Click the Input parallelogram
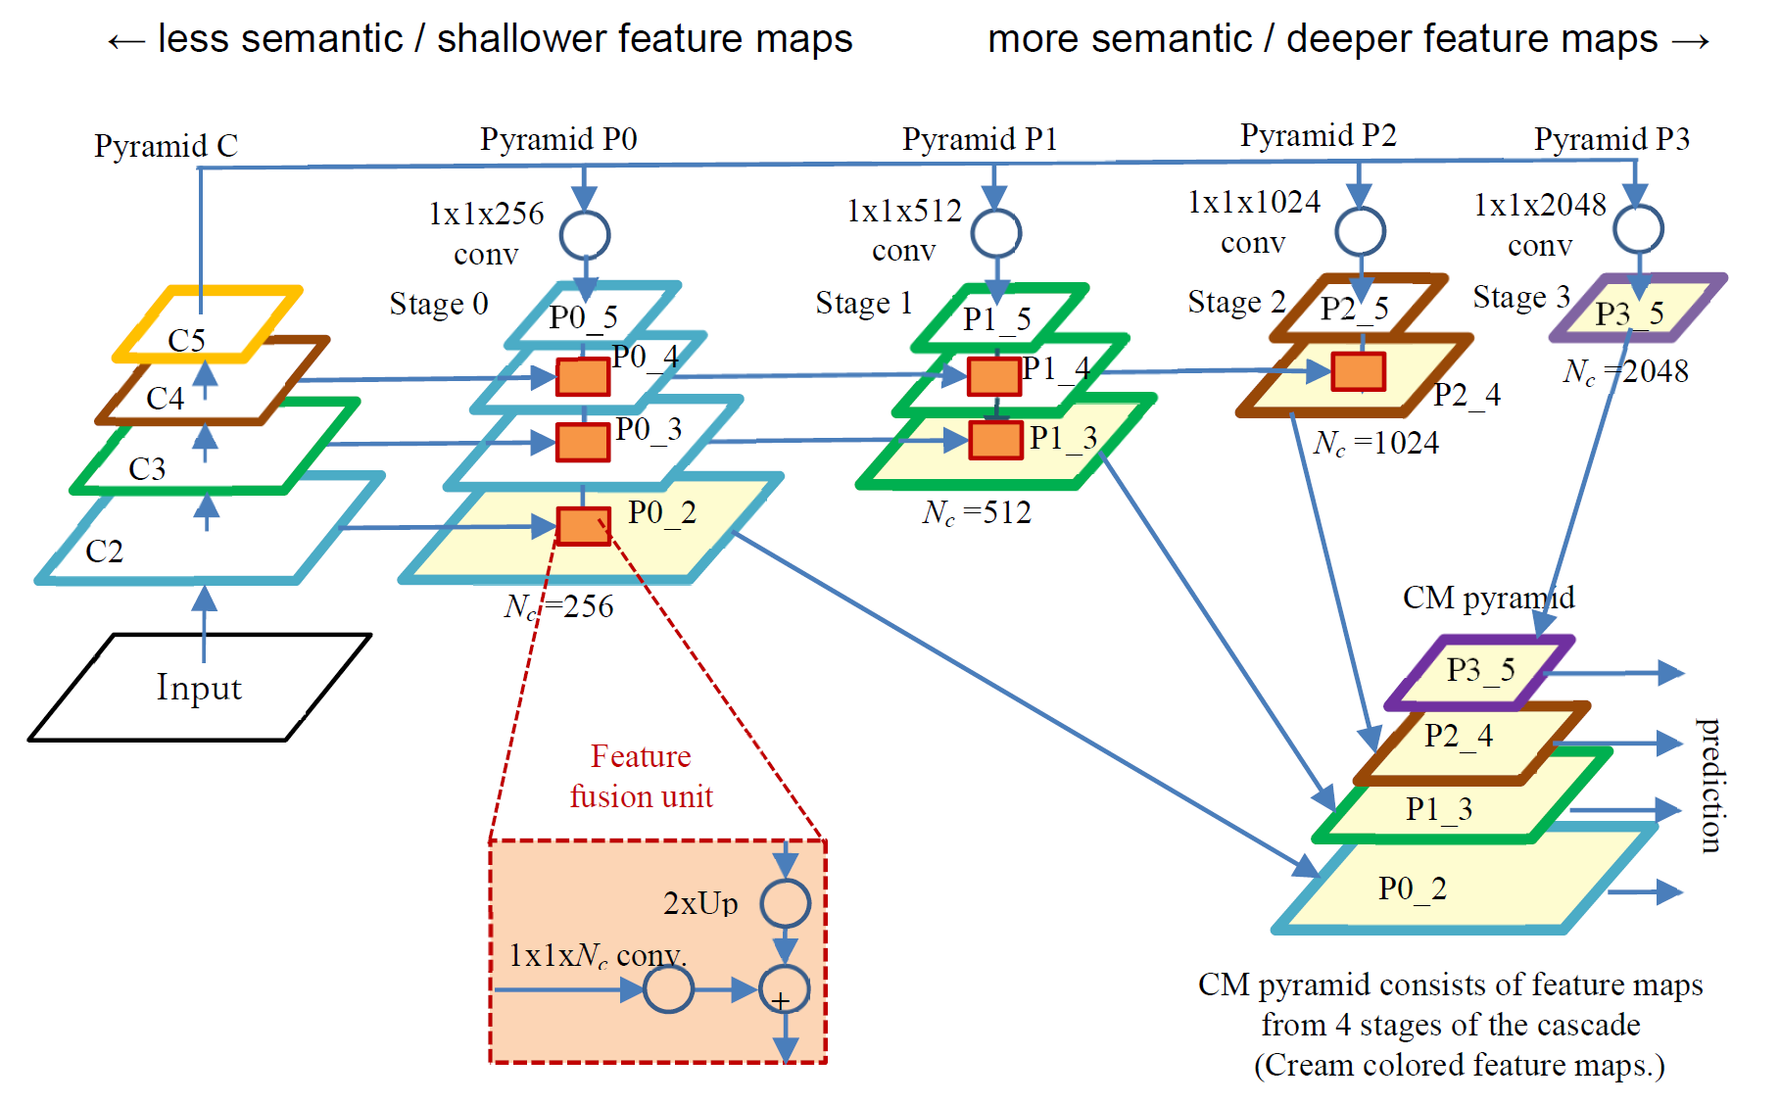(199, 688)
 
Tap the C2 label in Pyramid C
(104, 552)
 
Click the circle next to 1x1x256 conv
(585, 235)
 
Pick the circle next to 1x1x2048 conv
(1638, 229)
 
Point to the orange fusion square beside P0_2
(583, 526)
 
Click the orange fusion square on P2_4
(1358, 371)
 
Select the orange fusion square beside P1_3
(995, 440)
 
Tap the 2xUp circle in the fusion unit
(785, 903)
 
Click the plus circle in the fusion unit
(784, 990)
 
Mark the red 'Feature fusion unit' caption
(641, 777)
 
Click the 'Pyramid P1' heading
(979, 139)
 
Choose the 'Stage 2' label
(1235, 302)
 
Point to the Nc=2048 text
(1625, 372)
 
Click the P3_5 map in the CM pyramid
(1479, 671)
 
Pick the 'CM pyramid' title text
(1487, 598)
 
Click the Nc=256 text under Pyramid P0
(558, 606)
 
